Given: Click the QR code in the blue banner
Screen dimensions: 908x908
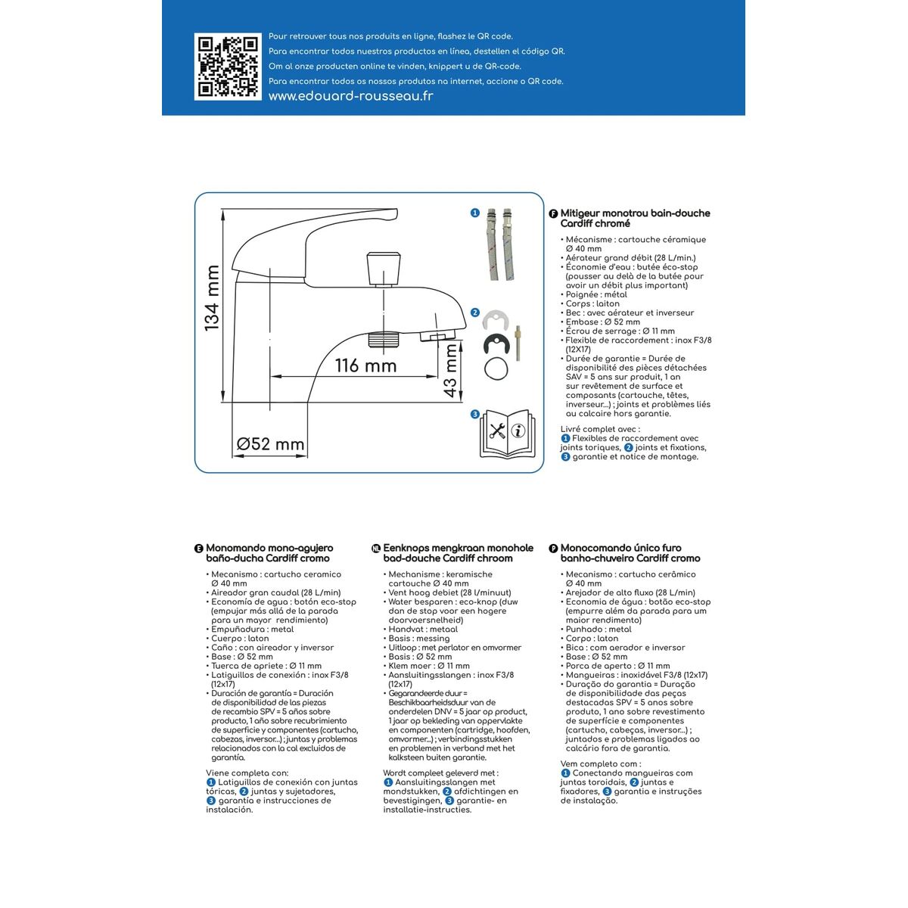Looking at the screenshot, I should (218, 66).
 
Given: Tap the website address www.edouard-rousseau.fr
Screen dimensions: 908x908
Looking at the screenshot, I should (351, 96).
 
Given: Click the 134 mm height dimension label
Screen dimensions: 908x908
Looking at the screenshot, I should (212, 297).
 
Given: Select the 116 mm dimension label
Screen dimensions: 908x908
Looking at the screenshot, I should (366, 365).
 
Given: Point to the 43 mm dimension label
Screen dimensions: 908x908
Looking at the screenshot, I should (449, 371).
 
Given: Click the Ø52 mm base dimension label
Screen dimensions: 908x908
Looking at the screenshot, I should (270, 444).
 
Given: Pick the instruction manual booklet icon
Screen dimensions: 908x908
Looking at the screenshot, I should (506, 434).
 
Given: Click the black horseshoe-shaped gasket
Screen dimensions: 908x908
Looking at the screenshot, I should (497, 344).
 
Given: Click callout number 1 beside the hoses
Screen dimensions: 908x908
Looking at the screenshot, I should (475, 213).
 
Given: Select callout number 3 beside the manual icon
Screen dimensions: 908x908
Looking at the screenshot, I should (475, 414).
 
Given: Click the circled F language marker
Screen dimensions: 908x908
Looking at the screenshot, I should (553, 214).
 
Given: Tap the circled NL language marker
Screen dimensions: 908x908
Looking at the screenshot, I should (376, 549).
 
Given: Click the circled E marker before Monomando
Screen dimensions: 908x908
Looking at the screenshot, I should (199, 549).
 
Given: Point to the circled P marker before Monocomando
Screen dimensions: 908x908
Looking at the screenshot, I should (553, 549).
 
